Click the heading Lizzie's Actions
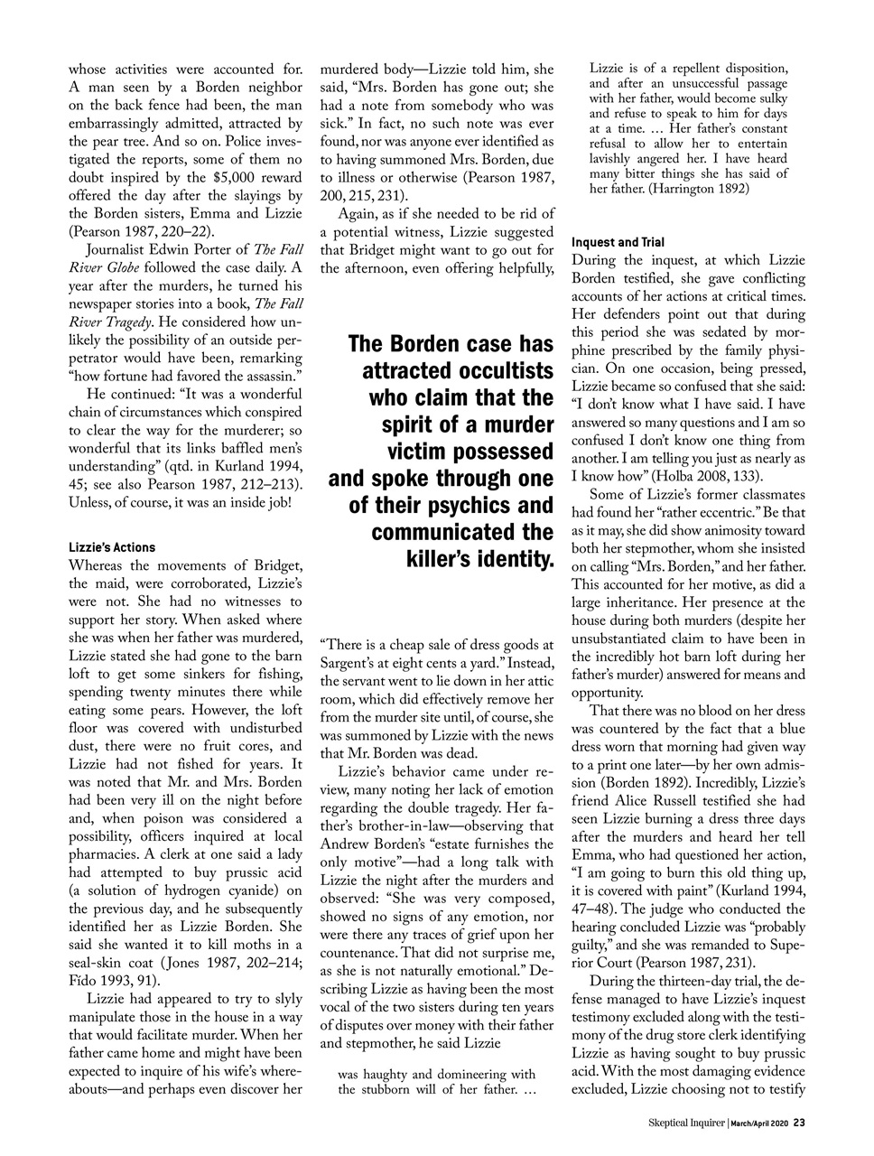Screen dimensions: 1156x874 click(x=112, y=547)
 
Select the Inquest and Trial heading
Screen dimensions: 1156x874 click(x=617, y=242)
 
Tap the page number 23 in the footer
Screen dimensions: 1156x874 click(x=799, y=1123)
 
